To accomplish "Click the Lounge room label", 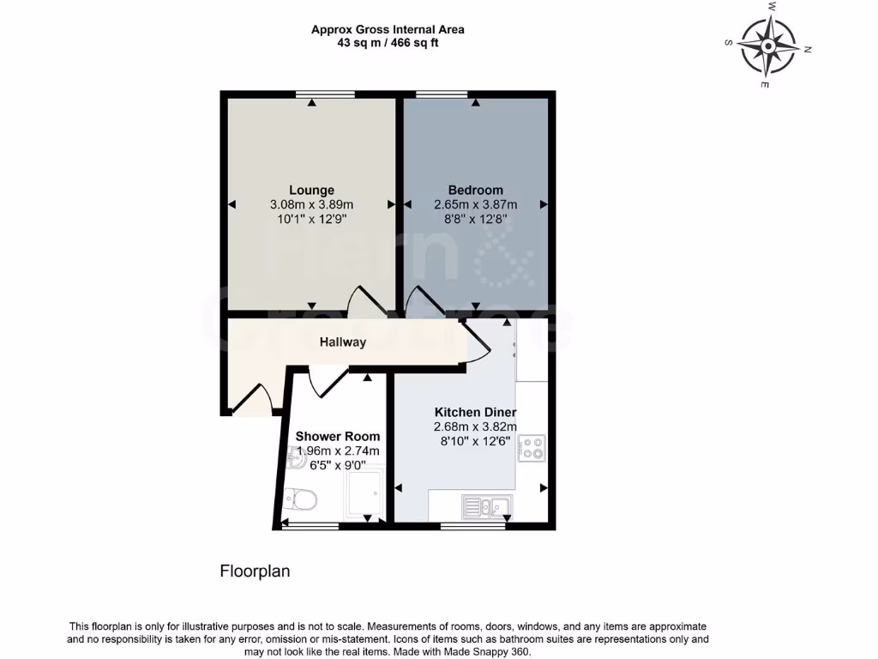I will [x=311, y=190].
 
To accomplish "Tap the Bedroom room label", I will [x=475, y=190].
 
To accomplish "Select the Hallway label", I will [x=343, y=342].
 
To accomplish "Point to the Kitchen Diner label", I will [x=475, y=412].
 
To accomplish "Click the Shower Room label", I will [x=338, y=436].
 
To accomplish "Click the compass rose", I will [x=767, y=45].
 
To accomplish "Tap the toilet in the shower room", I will [x=301, y=498].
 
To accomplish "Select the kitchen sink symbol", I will [x=487, y=507].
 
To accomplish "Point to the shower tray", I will [x=364, y=493].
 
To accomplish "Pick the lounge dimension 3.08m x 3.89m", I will [x=311, y=204].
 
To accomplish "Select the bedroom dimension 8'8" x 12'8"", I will [x=475, y=219].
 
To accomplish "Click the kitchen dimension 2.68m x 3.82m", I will [x=475, y=426].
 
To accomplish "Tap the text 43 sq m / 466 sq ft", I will [x=388, y=43].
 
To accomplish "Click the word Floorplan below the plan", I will [x=256, y=571].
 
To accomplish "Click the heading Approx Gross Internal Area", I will [x=388, y=29].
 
